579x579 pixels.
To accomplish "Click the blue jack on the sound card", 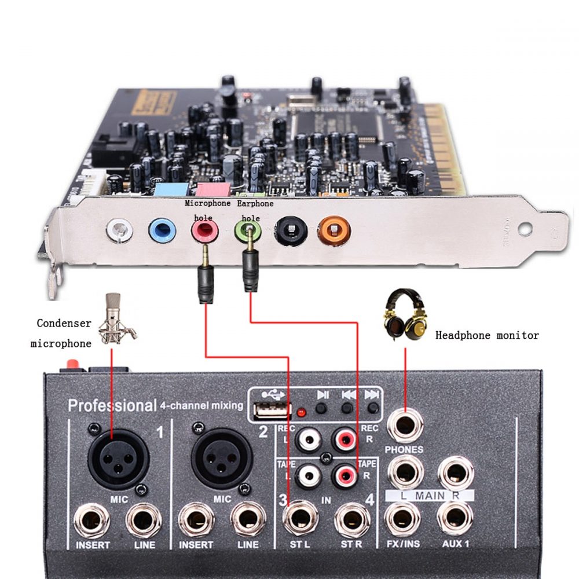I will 162,230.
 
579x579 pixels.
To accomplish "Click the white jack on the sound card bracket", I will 119,230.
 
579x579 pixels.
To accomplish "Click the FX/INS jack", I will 404,516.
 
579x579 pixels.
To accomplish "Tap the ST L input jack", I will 300,517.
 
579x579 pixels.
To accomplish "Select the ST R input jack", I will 351,517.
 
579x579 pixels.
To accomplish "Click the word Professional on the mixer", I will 112,405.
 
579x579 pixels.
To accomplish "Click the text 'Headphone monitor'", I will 487,335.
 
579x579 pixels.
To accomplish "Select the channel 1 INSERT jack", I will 92,519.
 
